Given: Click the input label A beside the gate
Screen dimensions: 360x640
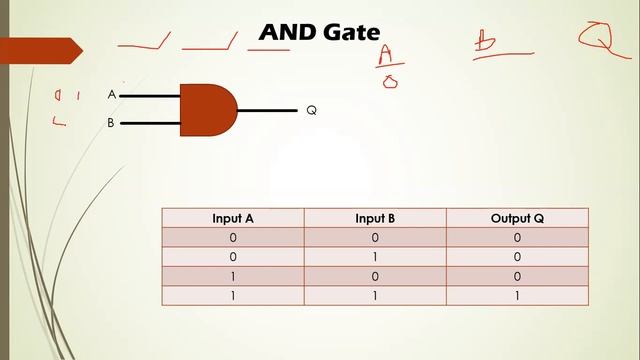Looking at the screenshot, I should pos(112,95).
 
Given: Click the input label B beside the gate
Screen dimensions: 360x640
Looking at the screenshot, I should pos(112,124).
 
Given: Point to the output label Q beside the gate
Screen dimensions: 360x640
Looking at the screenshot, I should pos(311,110).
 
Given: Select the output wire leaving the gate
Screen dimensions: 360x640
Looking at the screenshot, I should pos(267,110).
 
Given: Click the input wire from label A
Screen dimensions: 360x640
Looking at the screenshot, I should pos(150,96).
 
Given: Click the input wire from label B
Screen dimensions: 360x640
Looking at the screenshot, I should pos(150,124).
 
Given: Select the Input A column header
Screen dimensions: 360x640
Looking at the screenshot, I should pos(232,218).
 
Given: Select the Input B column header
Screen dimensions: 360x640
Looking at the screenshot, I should pos(375,218).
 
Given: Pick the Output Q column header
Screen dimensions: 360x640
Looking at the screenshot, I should pos(517,218).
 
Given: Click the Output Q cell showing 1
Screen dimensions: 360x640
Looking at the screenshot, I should pos(517,296).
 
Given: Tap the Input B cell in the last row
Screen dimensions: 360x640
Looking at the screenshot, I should pos(375,296).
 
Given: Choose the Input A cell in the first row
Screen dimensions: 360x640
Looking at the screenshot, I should pos(232,238).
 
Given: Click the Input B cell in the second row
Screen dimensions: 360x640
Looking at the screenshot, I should pos(375,257).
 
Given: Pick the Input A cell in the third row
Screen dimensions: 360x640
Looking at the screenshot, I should pos(232,276).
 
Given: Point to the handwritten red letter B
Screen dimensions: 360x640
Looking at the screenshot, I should pos(487,42).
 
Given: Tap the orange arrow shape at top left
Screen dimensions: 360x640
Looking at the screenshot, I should pos(40,49).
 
